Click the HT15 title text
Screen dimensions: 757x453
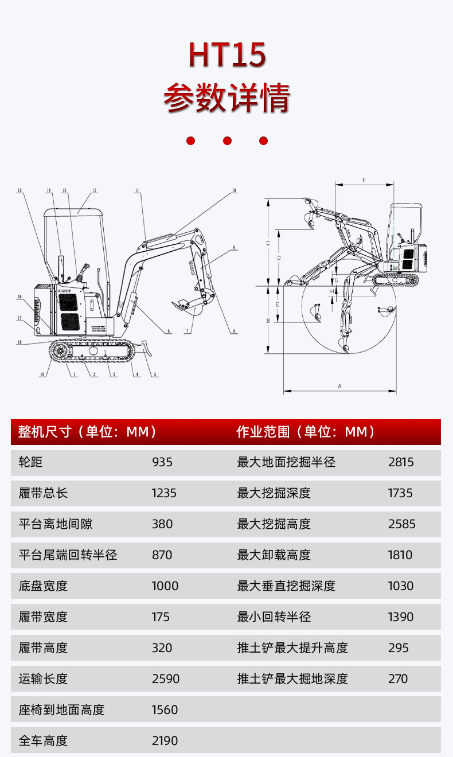pyautogui.click(x=227, y=56)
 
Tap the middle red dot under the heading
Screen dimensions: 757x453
pyautogui.click(x=227, y=141)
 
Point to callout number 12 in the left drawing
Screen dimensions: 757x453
pyautogui.click(x=94, y=190)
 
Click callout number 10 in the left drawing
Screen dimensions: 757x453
pyautogui.click(x=234, y=190)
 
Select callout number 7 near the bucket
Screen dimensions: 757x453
pyautogui.click(x=188, y=331)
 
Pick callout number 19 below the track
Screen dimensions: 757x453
pyautogui.click(x=42, y=375)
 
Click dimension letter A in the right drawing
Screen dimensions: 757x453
pyautogui.click(x=339, y=387)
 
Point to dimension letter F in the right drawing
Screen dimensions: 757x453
pyautogui.click(x=364, y=180)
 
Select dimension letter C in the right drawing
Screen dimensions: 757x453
pyautogui.click(x=268, y=243)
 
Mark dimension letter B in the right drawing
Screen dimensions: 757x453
pyautogui.click(x=268, y=321)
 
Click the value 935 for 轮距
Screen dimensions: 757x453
pyautogui.click(x=162, y=462)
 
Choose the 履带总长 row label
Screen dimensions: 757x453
pyautogui.click(x=43, y=493)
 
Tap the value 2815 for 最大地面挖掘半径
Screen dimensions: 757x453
pyautogui.click(x=401, y=462)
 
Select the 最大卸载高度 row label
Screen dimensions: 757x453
pyautogui.click(x=274, y=555)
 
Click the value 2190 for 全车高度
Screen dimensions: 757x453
pyautogui.click(x=165, y=741)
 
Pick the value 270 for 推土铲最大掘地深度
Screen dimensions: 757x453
pyautogui.click(x=398, y=679)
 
